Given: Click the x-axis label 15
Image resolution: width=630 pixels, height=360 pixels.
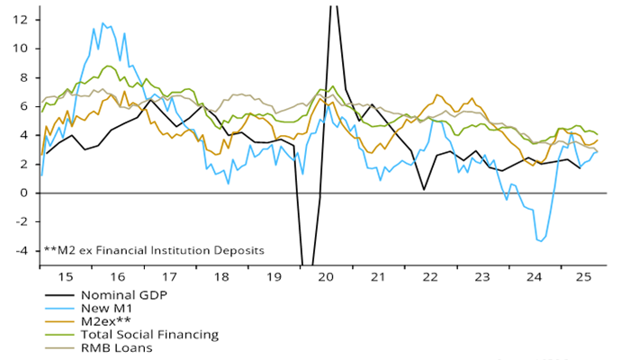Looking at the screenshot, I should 64,279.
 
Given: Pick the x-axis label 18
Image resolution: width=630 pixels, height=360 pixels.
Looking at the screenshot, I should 220,279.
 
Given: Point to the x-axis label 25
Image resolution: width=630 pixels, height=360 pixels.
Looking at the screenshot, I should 583,279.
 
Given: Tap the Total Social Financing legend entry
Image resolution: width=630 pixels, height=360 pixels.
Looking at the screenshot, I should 149,335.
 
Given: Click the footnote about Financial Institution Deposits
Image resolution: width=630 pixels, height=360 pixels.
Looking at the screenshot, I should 154,251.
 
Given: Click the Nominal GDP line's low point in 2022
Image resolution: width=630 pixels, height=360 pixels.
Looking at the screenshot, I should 424,189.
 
